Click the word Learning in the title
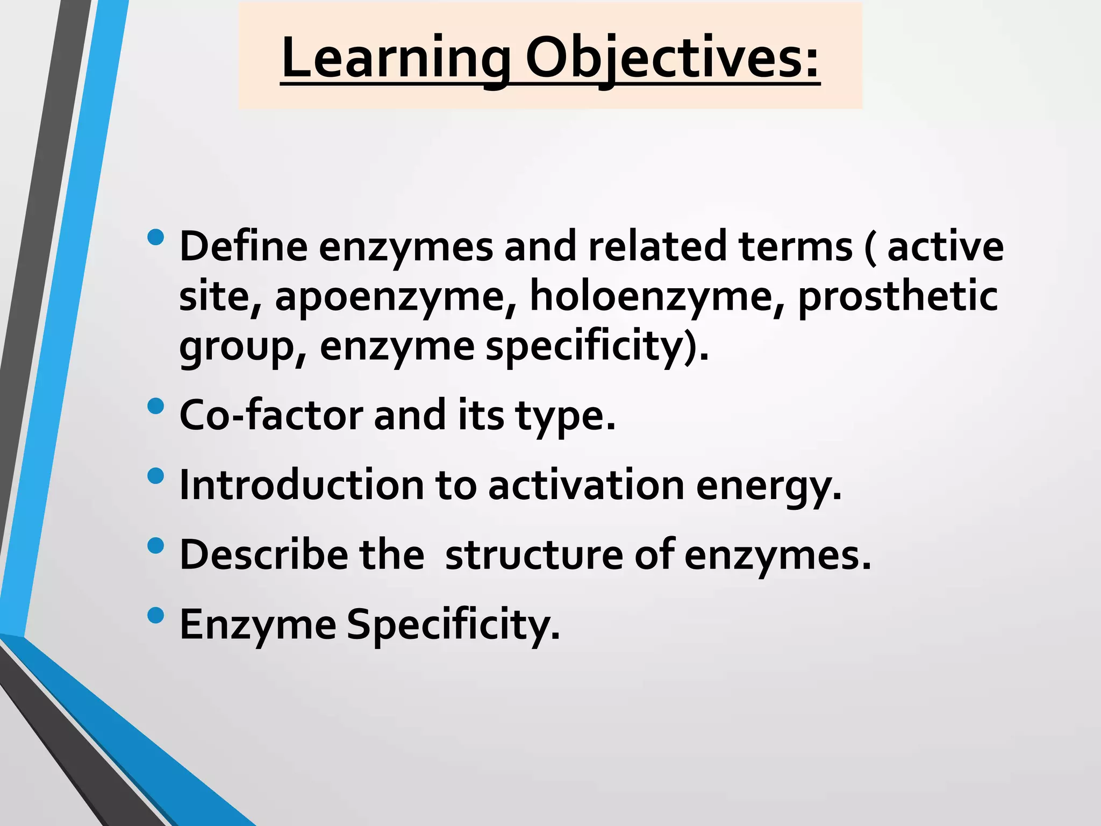pos(395,58)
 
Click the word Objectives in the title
pos(672,58)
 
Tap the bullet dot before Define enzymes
pos(155,238)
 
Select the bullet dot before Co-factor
pos(155,406)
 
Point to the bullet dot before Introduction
pos(155,476)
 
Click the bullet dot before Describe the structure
pos(155,546)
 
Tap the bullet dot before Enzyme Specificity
pos(155,615)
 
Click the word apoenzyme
pos(396,297)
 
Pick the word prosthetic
pos(898,297)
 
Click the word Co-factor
pos(271,415)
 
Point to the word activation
pos(586,485)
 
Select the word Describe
pos(263,555)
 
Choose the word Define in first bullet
pos(243,246)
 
